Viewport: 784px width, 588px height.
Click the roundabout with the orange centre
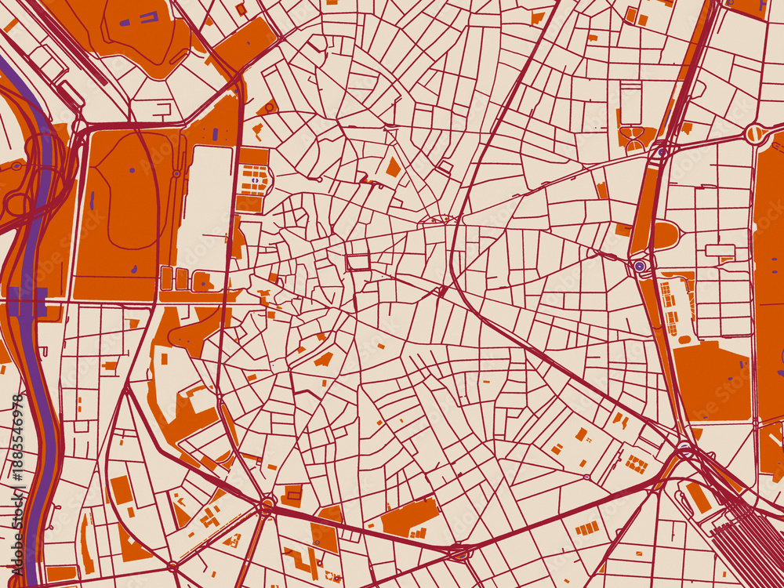click(x=755, y=134)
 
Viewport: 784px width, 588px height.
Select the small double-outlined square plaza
click(x=358, y=262)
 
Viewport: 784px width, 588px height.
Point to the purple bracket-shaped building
click(x=148, y=16)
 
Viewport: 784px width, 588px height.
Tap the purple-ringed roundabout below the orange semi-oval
click(x=640, y=267)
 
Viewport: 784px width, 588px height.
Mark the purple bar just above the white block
click(x=214, y=134)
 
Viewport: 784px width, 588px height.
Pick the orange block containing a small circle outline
click(x=267, y=107)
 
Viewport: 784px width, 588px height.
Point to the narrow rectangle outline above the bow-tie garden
click(x=630, y=101)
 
